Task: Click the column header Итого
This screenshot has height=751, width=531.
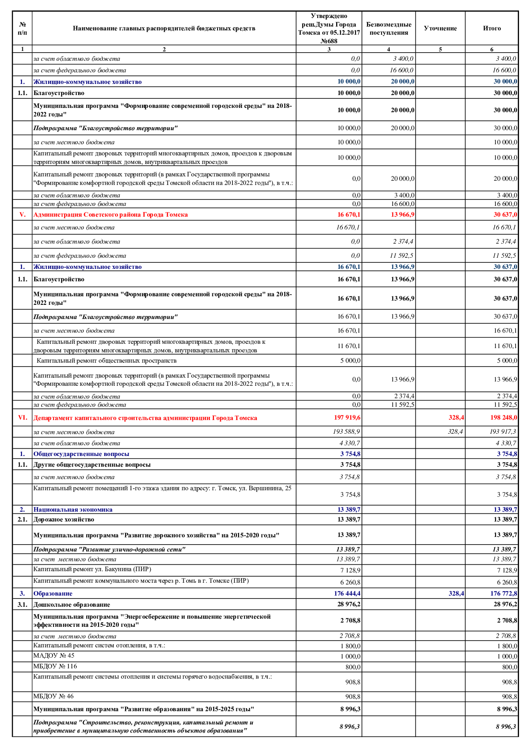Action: tap(492, 28)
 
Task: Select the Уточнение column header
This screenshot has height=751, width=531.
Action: tap(440, 28)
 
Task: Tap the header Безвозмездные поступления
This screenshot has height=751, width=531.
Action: tap(388, 29)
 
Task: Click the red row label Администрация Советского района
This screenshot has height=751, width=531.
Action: tap(110, 215)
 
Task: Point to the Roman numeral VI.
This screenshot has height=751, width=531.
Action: tap(22, 417)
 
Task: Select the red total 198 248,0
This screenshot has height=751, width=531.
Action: tap(503, 417)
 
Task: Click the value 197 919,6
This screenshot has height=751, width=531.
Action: tap(347, 417)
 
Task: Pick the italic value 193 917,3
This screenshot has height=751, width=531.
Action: tap(503, 432)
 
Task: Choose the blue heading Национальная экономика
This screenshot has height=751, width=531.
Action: tap(73, 510)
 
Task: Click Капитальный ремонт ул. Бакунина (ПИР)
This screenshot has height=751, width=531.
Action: tap(92, 569)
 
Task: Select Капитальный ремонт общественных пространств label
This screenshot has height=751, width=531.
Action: tap(107, 361)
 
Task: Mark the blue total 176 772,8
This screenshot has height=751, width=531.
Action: tap(503, 593)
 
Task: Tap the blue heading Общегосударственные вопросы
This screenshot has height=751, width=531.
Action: tap(81, 454)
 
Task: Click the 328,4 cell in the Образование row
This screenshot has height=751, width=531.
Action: tap(456, 593)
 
